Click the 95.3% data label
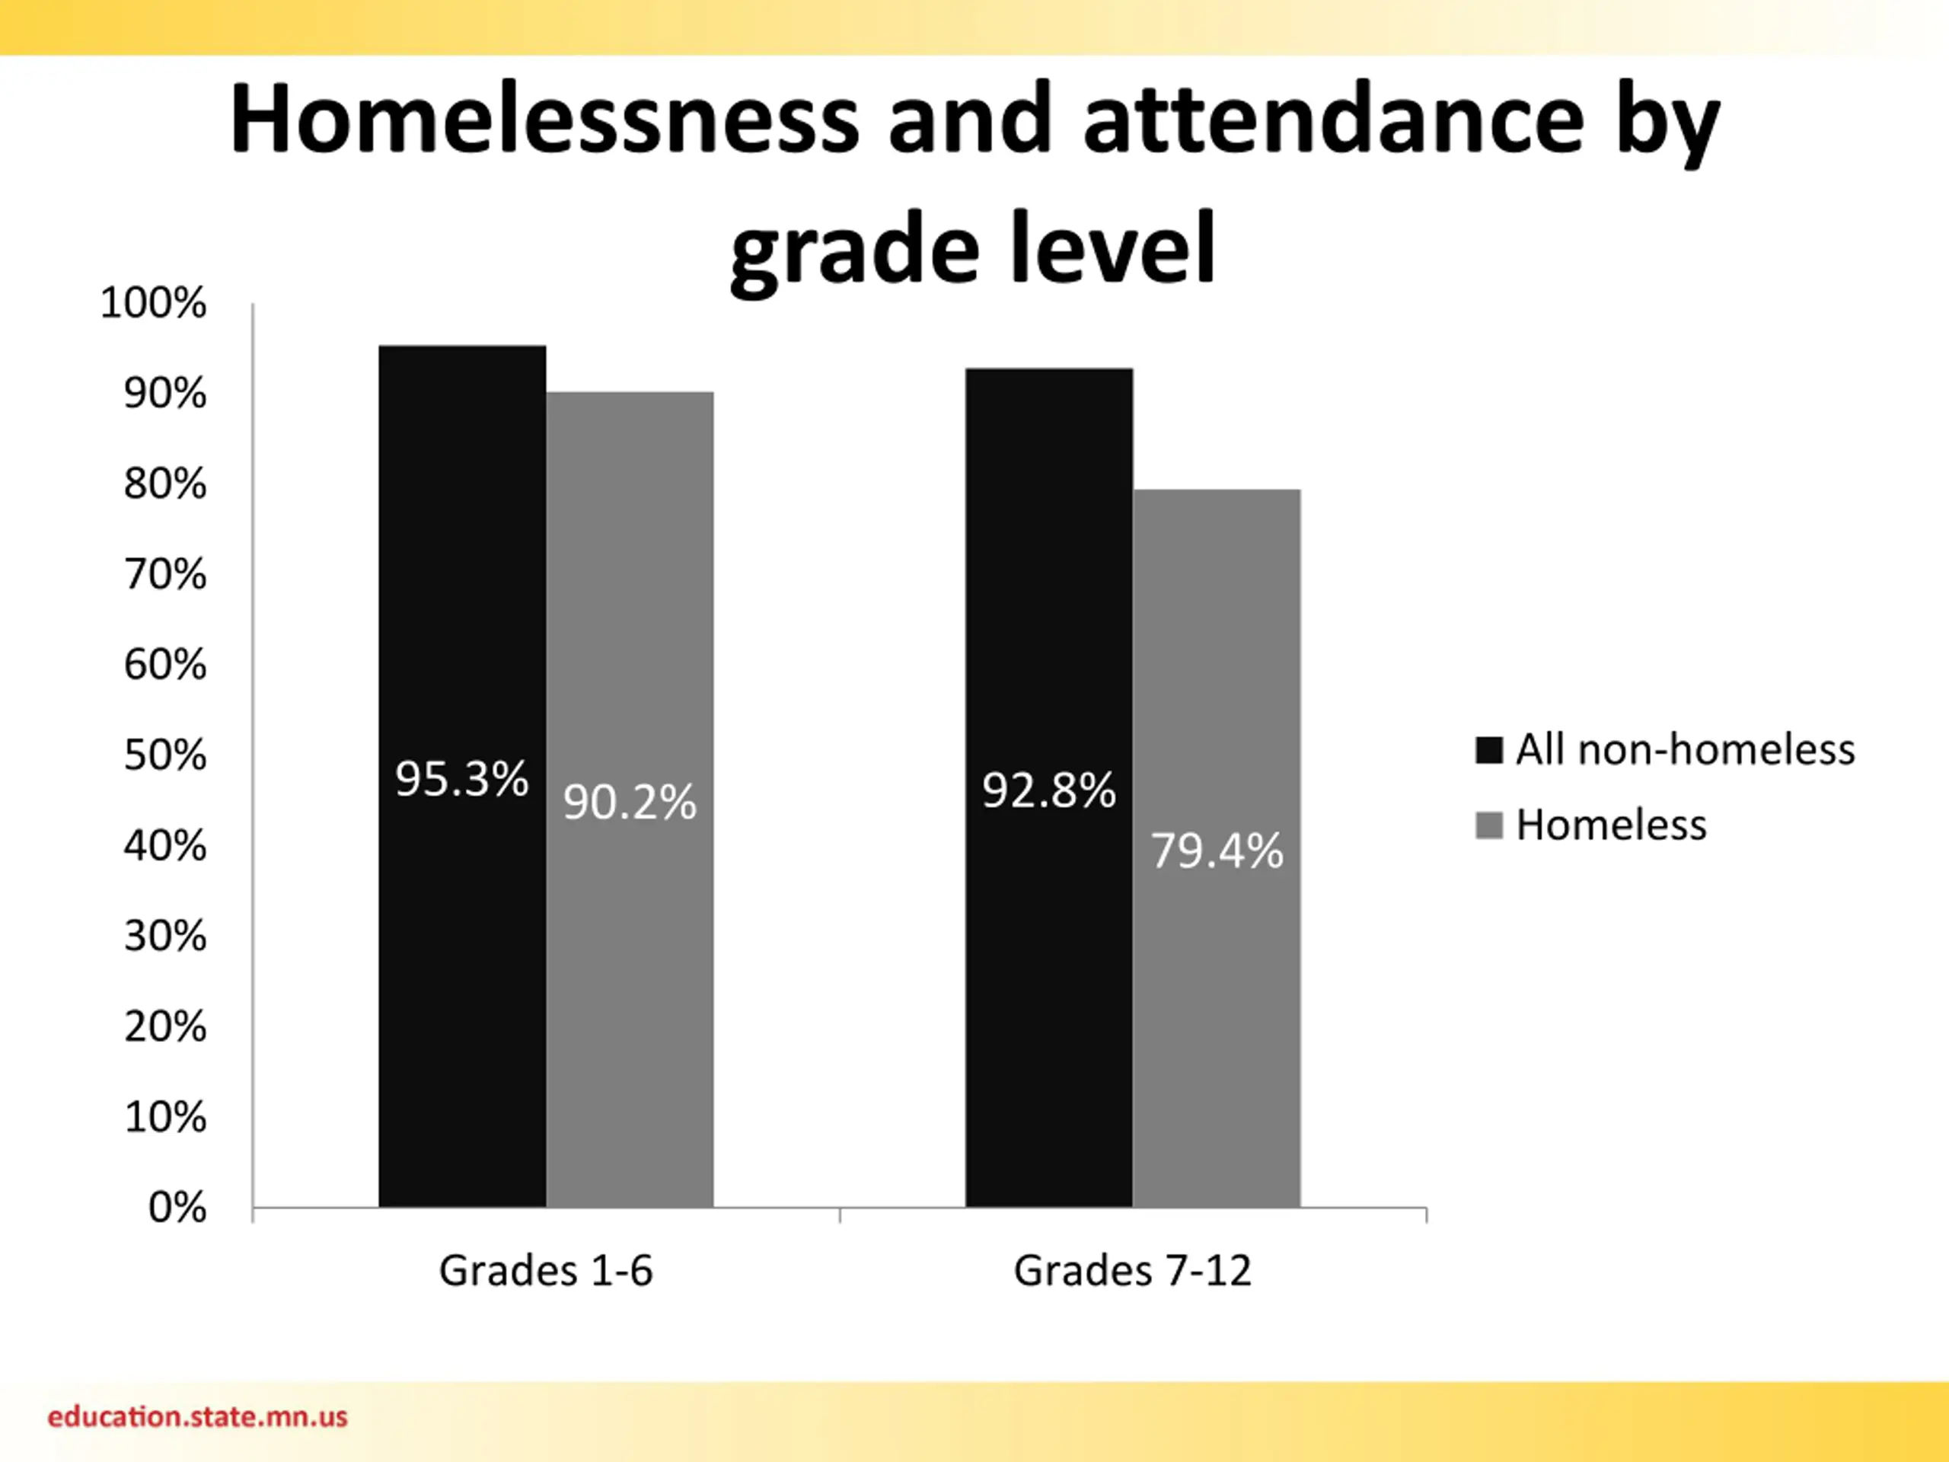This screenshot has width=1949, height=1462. [x=461, y=779]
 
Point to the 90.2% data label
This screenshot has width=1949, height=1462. [x=629, y=802]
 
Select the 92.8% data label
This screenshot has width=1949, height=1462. [x=1048, y=790]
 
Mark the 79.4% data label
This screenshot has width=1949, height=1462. [x=1217, y=851]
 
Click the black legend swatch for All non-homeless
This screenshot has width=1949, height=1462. [x=1488, y=750]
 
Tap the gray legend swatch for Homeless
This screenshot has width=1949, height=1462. [x=1488, y=825]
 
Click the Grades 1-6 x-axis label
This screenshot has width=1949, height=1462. [x=545, y=1271]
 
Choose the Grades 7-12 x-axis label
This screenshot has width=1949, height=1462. [x=1132, y=1271]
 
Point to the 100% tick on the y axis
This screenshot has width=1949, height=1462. [x=153, y=303]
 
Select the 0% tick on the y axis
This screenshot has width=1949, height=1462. [x=177, y=1208]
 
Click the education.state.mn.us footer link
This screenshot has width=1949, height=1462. [x=197, y=1417]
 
